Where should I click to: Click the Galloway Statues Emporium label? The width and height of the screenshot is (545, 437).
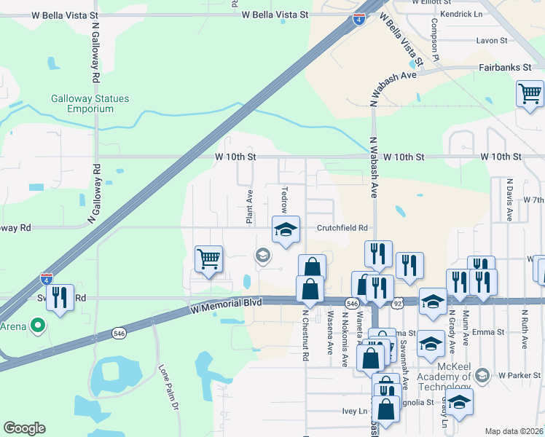tap(82, 103)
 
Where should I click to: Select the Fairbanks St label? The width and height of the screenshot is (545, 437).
tap(504, 67)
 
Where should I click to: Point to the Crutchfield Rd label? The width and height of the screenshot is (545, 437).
tap(342, 228)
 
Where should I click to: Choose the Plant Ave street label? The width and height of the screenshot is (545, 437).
tap(249, 207)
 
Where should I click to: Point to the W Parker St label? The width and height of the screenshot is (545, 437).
tap(520, 376)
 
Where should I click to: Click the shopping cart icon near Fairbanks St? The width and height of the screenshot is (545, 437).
tap(530, 94)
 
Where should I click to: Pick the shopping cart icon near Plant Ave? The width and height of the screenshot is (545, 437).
tap(208, 259)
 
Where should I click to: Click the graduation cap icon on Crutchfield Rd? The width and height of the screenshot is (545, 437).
tap(286, 229)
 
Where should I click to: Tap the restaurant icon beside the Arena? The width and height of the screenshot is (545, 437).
tap(60, 296)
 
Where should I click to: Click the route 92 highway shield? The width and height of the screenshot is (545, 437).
tap(399, 302)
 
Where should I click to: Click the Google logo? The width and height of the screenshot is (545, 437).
tap(25, 428)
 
